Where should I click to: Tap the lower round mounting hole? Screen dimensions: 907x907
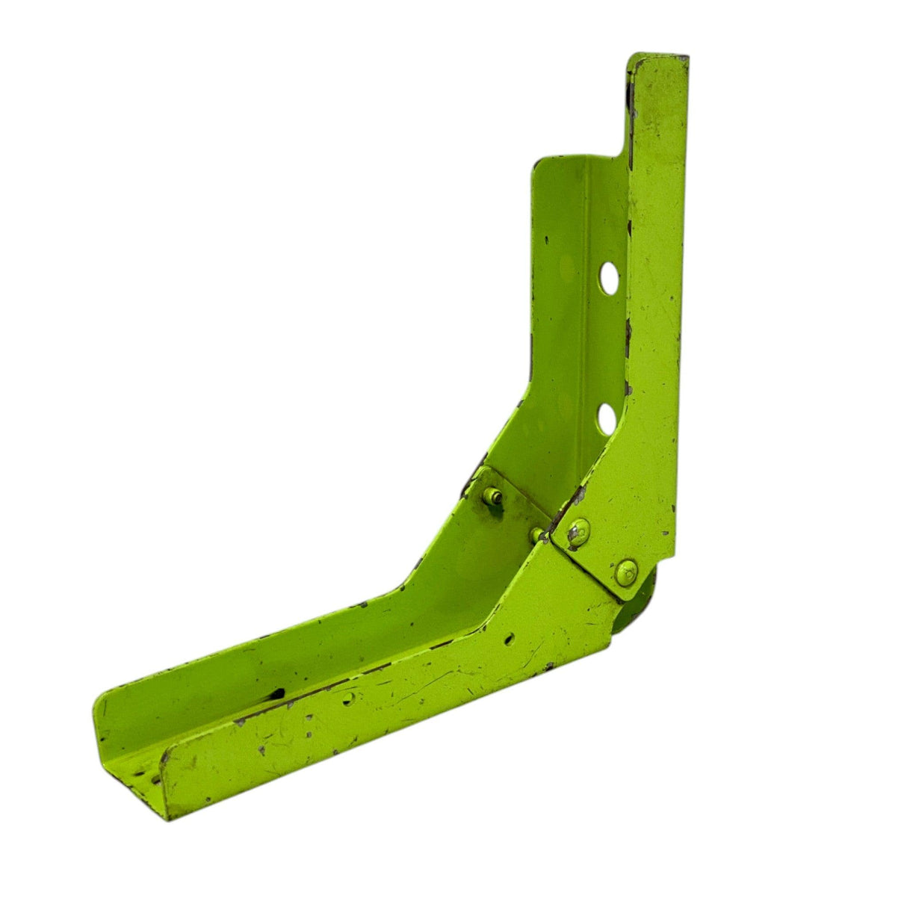pyautogui.click(x=608, y=417)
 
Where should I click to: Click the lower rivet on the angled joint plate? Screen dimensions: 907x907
pyautogui.click(x=626, y=569)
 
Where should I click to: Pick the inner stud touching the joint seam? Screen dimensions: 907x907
pyautogui.click(x=538, y=533)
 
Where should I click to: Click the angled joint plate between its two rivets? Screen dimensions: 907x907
pyautogui.click(x=601, y=551)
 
